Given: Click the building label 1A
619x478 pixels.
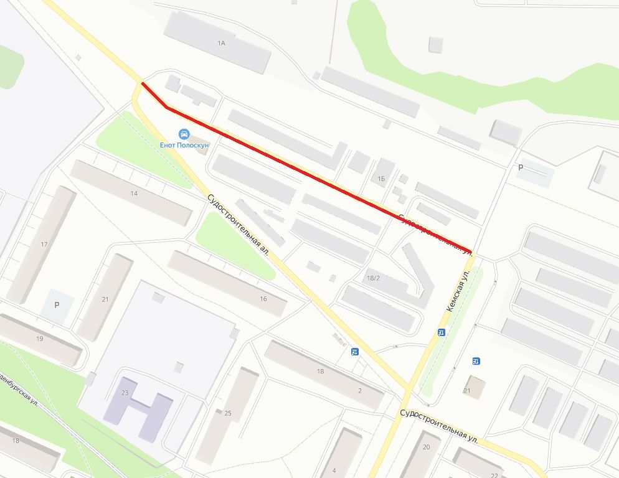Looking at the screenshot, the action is tap(220, 43).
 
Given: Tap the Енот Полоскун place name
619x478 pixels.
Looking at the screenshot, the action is tap(184, 145).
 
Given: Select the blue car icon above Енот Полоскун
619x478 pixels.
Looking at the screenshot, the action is tap(184, 134).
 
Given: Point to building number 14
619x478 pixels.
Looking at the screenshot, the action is tap(134, 194).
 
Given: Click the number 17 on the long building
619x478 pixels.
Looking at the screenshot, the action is tap(44, 244).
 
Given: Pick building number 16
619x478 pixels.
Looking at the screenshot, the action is tap(263, 299).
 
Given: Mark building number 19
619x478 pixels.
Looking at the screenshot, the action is tap(40, 339).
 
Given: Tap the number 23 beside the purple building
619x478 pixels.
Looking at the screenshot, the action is tap(125, 393).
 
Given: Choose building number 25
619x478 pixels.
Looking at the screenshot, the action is tap(228, 413).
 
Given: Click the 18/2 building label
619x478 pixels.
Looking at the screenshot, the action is tap(374, 278).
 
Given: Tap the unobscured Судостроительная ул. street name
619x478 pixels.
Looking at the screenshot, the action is tap(439, 426).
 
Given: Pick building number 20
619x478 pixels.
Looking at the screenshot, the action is tap(427, 447).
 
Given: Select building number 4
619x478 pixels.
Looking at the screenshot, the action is tap(334, 469).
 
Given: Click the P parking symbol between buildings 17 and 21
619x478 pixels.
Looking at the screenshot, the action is tap(57, 305).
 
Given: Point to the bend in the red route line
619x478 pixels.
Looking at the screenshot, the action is tap(167, 108).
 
